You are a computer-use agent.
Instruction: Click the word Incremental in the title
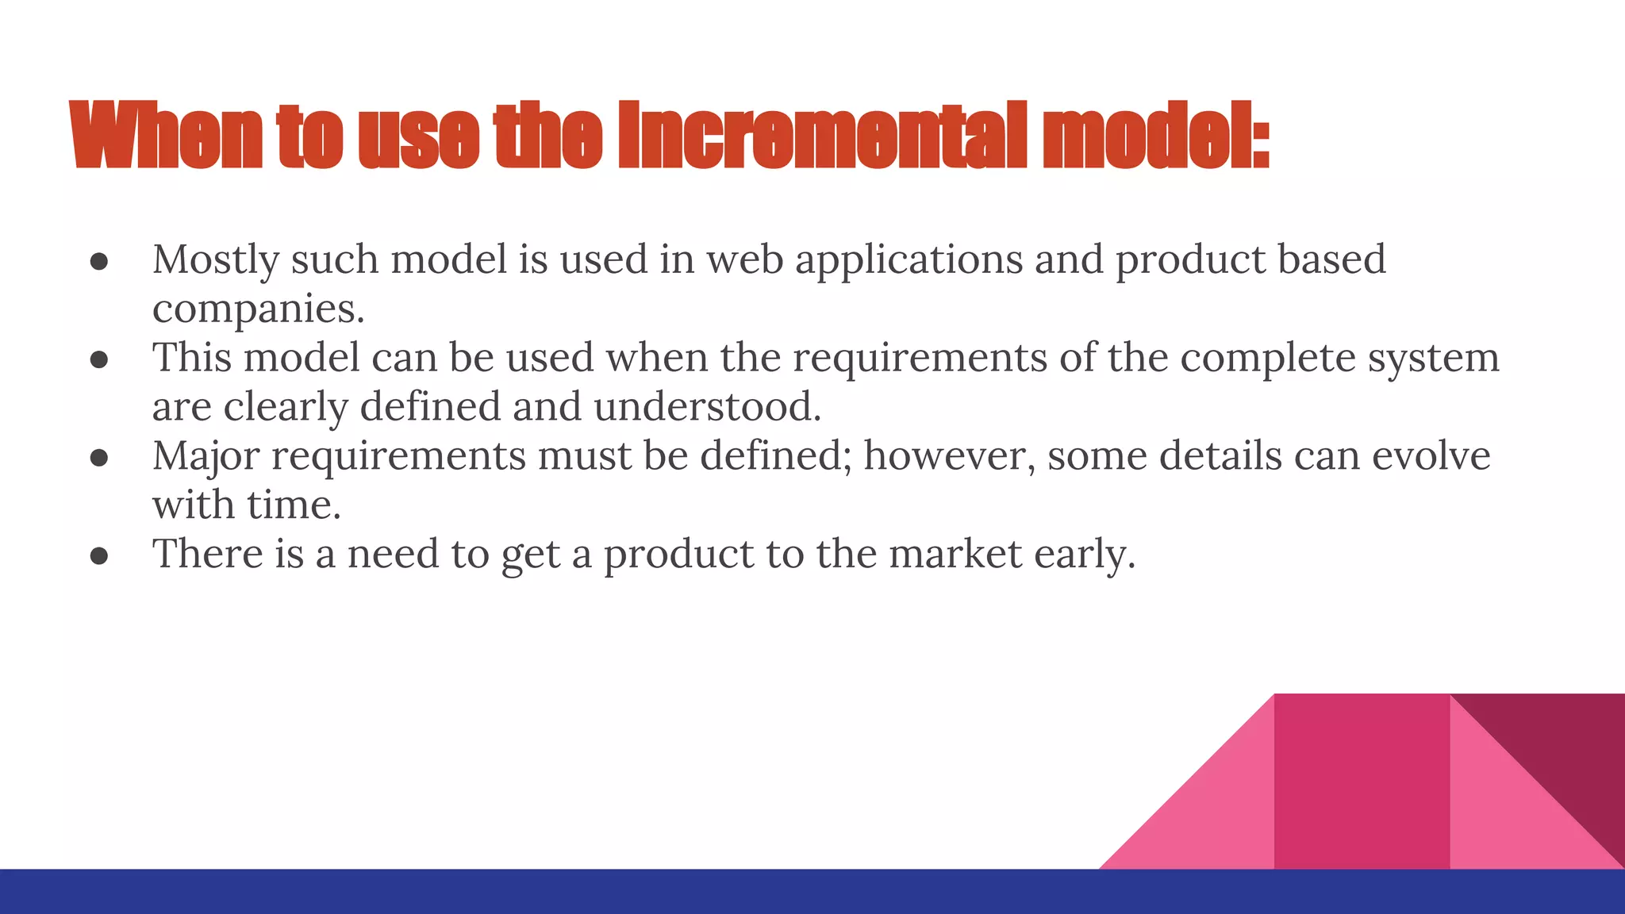click(x=821, y=136)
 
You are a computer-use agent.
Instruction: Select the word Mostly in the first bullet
click(x=216, y=260)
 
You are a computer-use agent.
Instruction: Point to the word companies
click(x=258, y=309)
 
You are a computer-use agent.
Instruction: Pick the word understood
click(x=707, y=407)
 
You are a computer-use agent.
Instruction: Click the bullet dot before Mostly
click(x=99, y=263)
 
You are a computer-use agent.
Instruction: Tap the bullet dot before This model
click(x=99, y=360)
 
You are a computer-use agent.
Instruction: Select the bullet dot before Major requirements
click(x=99, y=458)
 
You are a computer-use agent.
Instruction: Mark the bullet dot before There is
click(x=99, y=555)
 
